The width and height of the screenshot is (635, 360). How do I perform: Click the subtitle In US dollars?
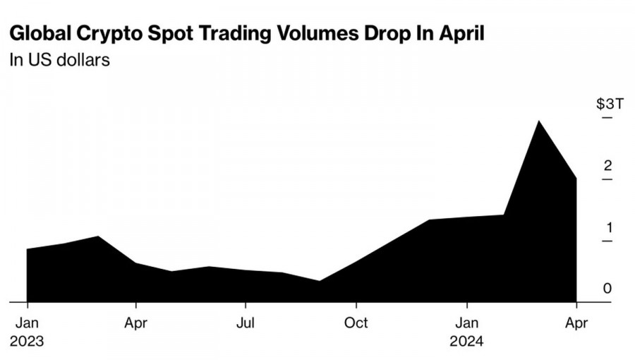59,60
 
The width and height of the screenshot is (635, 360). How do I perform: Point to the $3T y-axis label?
610,104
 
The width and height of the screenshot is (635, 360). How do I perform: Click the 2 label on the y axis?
607,166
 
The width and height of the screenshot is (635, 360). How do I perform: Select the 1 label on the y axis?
608,228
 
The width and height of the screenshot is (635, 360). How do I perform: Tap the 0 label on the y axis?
607,289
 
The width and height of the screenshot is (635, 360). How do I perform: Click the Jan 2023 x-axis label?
28,331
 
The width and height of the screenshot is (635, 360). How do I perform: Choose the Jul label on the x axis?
246,323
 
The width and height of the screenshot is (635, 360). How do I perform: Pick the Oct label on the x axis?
356,323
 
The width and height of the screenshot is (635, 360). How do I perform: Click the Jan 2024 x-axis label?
467,331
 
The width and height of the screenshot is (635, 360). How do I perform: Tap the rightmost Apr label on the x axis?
577,323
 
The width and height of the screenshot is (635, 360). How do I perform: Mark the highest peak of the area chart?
539,121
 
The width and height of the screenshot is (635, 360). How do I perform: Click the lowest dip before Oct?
320,281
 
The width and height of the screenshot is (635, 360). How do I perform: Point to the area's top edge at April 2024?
576,178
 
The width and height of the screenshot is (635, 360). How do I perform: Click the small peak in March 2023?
97,236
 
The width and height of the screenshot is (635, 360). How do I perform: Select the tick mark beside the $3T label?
607,117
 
